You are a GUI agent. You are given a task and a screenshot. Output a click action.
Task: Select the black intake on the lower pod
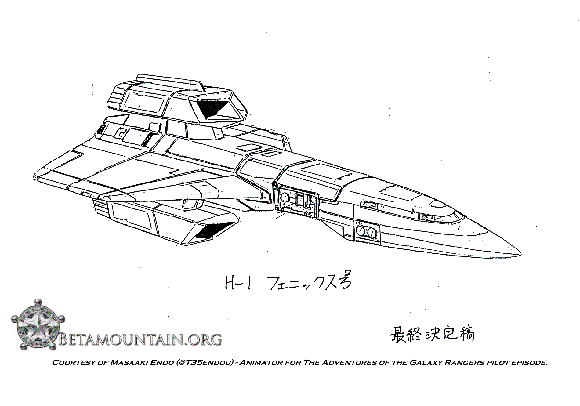click(211, 230)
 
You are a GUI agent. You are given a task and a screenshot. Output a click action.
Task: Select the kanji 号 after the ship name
click(343, 282)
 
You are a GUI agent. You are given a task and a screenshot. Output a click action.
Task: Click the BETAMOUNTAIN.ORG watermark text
click(140, 339)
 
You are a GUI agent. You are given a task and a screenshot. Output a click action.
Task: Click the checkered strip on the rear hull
click(147, 139)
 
